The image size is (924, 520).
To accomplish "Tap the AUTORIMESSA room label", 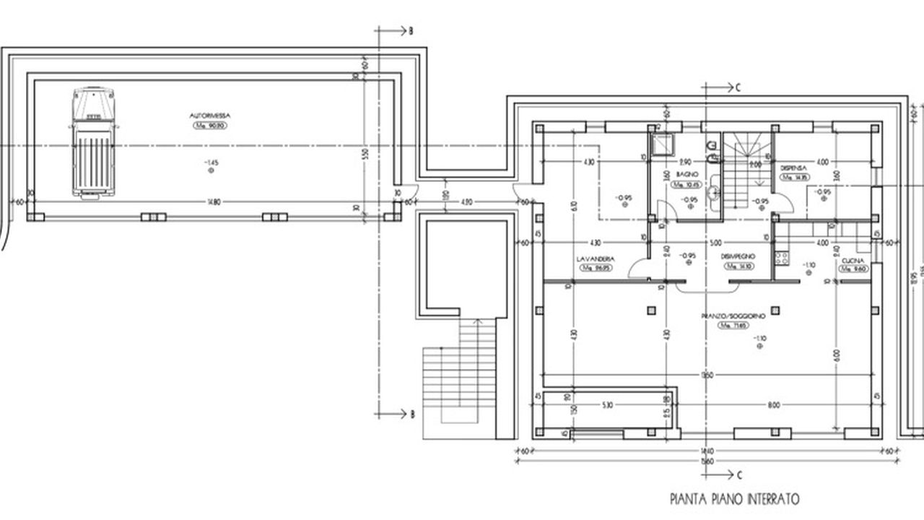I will pos(209,116).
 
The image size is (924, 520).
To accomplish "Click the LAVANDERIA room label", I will pos(596,258).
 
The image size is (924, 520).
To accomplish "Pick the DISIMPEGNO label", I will pos(738,257).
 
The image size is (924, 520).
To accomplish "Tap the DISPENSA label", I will pos(793,167).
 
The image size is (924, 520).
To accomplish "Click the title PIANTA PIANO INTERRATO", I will pos(734,498).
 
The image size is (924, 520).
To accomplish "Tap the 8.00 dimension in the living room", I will pos(774,405).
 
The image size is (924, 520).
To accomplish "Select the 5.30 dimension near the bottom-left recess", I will pos(606,405).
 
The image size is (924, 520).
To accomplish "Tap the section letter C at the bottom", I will pos(738,474).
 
